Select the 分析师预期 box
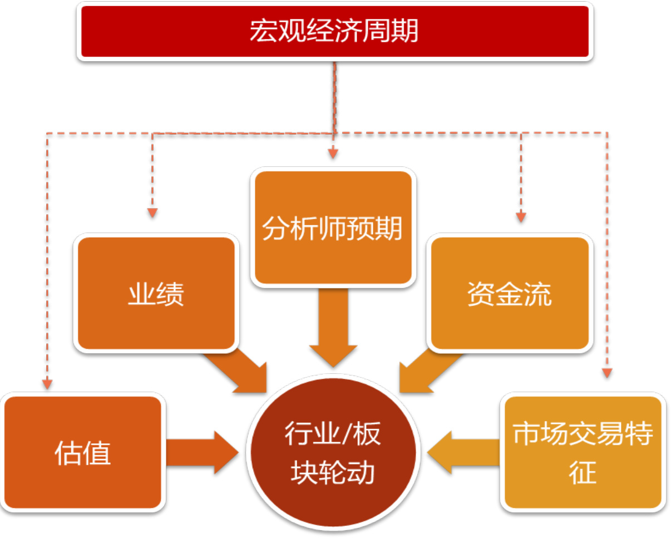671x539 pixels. click(333, 228)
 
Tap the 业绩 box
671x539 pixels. click(156, 294)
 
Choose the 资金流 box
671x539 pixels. click(509, 294)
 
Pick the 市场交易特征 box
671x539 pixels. click(583, 452)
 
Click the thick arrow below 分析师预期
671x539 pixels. click(333, 328)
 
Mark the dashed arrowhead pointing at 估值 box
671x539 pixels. click(47, 384)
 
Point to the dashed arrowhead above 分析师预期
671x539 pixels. click(333, 152)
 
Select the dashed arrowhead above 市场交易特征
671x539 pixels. click(607, 372)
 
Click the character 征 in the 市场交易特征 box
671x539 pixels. click(583, 473)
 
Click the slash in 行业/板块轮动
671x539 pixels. click(346, 433)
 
